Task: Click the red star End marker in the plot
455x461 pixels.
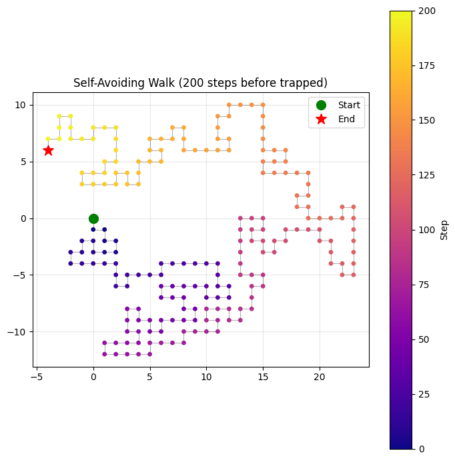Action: (48, 150)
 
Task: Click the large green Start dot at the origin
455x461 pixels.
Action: (93, 218)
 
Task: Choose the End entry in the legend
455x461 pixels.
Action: (347, 120)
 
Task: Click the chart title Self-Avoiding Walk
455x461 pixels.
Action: (200, 83)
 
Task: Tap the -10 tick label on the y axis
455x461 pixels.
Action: (19, 332)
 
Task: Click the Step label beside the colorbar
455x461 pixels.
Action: (444, 230)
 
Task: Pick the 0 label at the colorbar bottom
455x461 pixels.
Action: (422, 449)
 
